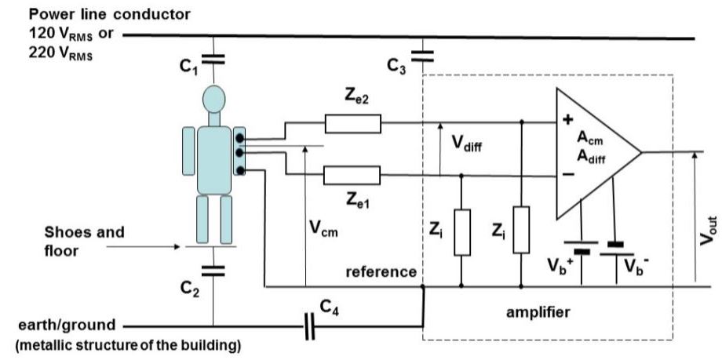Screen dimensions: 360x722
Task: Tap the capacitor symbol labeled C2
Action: pos(213,271)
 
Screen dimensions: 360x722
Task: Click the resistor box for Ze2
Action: pos(352,123)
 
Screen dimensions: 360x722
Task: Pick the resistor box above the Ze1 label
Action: pos(352,174)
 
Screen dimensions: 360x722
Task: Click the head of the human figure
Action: pos(213,100)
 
